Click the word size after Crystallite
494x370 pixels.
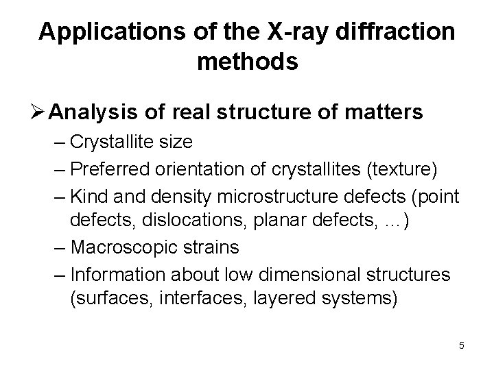pyautogui.click(x=175, y=142)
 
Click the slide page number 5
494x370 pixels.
pyautogui.click(x=462, y=345)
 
